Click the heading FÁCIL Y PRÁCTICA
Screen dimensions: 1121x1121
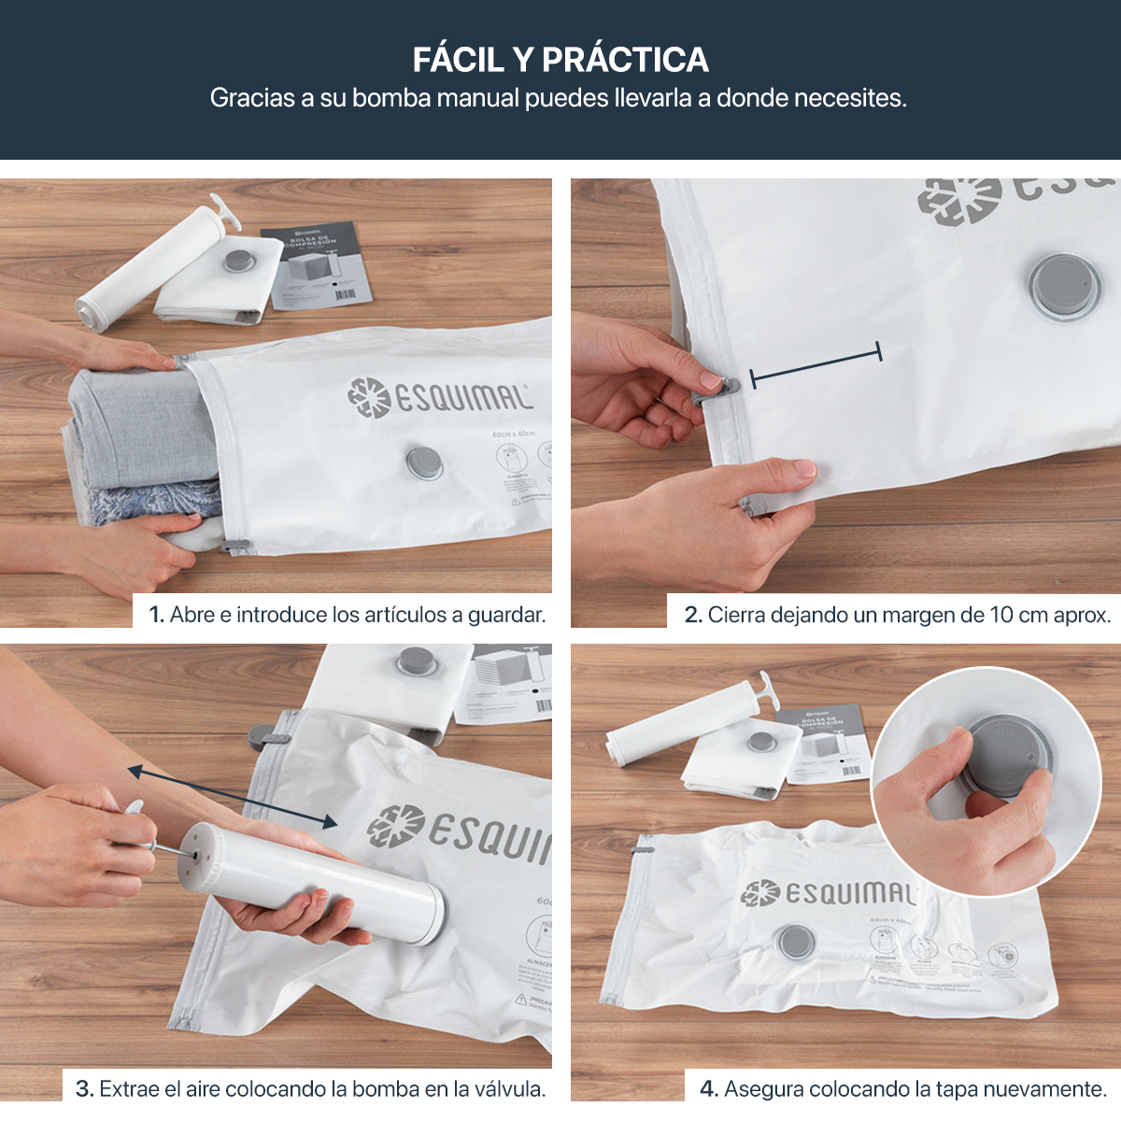point(560,60)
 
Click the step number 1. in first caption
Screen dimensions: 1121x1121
point(157,615)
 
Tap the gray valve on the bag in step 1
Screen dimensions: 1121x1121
point(424,462)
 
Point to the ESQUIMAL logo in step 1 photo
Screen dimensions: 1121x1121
point(439,397)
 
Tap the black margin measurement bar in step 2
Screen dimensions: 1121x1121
point(816,364)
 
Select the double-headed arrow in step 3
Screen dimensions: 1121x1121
point(233,797)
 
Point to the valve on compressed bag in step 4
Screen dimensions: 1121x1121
point(795,943)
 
